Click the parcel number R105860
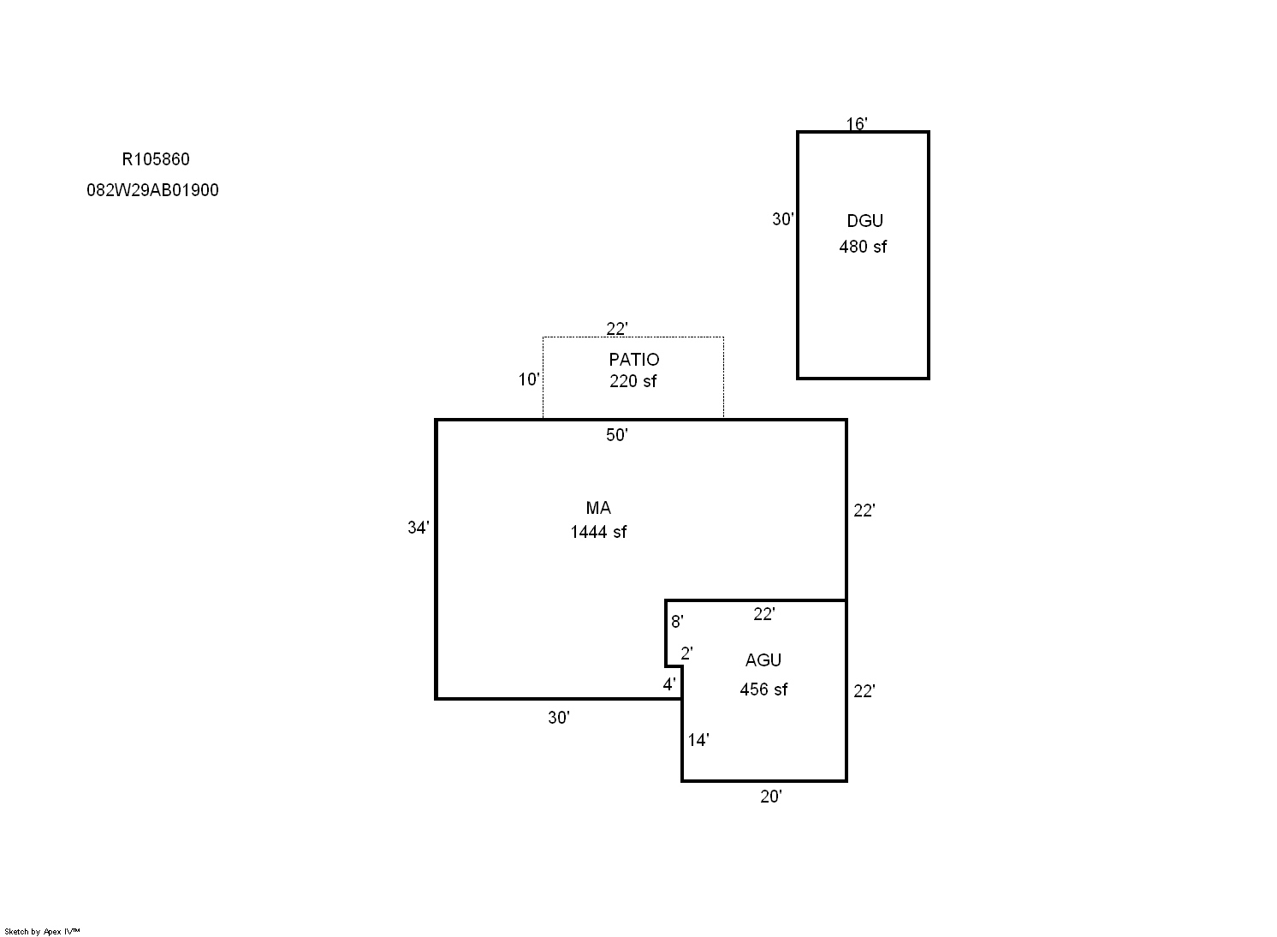click(x=156, y=159)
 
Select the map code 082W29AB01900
click(x=153, y=190)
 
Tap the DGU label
click(x=864, y=221)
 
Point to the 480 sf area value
click(x=863, y=247)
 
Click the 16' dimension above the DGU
click(x=856, y=124)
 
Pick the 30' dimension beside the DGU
click(x=783, y=219)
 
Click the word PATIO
click(x=634, y=360)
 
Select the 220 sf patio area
click(x=633, y=381)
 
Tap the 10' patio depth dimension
click(x=528, y=379)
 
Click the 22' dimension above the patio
click(x=617, y=329)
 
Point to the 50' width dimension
click(x=617, y=435)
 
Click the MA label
click(x=598, y=508)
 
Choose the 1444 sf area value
click(x=598, y=532)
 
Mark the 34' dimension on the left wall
click(x=419, y=528)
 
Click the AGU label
click(x=763, y=660)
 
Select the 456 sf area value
click(x=763, y=689)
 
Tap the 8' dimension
click(x=677, y=622)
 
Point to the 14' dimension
click(x=698, y=740)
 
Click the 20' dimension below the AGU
click(x=771, y=796)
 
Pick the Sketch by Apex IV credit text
click(x=42, y=931)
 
